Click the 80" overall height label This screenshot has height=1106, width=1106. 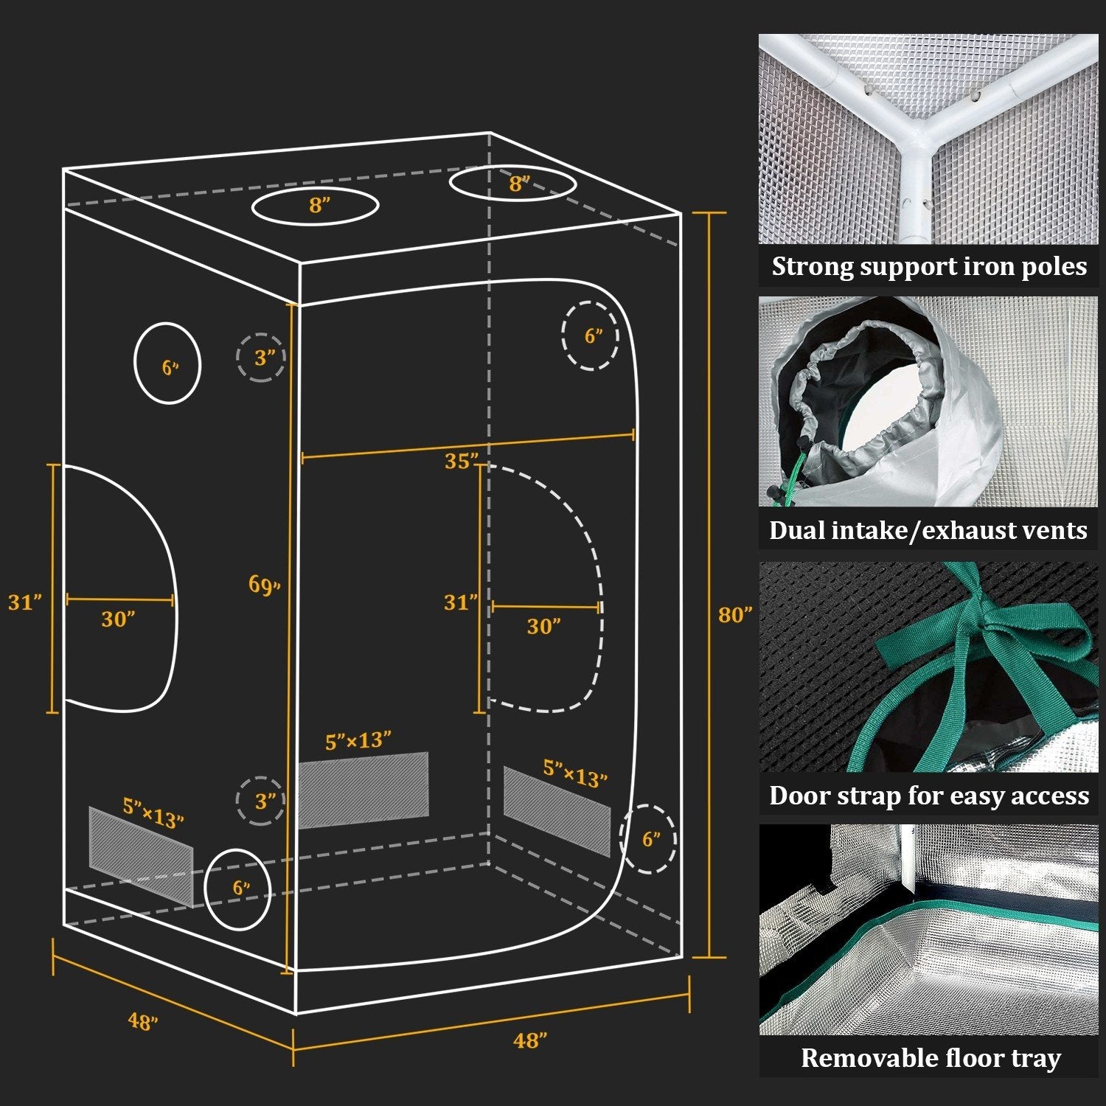734,614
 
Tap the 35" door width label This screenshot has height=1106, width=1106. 461,462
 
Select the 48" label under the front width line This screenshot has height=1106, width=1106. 530,1040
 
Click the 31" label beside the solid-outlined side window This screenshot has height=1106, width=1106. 25,602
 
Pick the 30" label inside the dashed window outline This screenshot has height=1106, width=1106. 543,627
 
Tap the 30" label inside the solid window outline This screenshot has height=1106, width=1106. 118,619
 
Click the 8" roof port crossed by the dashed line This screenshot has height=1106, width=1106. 514,183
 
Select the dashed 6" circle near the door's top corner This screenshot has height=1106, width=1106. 590,336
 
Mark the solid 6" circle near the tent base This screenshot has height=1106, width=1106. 237,888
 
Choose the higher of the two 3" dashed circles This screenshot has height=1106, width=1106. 261,358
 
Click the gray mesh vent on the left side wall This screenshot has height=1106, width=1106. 140,855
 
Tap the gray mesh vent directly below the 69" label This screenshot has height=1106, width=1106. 363,790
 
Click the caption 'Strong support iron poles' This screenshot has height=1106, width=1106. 928,266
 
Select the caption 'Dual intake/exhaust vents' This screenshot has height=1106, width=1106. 928,530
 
